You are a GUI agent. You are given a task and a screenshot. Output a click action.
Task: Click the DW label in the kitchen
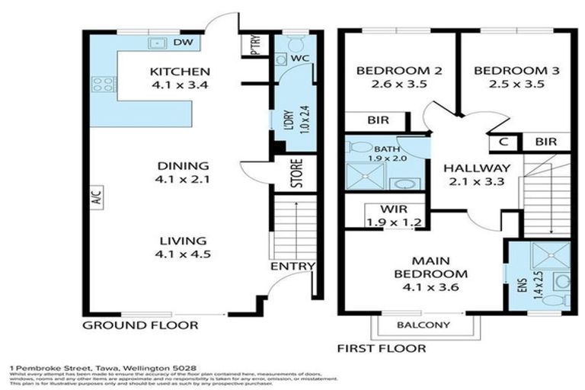[182, 43]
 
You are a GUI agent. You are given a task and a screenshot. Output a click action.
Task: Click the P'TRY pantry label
[254, 46]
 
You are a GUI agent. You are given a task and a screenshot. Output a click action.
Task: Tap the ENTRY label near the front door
[292, 266]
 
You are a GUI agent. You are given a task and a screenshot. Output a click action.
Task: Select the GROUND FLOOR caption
[140, 325]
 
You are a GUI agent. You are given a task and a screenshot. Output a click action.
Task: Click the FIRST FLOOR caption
[381, 349]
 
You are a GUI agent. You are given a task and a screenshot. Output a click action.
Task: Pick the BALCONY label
[424, 325]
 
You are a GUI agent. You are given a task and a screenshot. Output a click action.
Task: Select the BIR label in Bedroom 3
[545, 142]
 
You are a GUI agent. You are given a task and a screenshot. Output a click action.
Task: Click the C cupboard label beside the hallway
[503, 142]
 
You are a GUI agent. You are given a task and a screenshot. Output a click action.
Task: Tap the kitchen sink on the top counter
[159, 43]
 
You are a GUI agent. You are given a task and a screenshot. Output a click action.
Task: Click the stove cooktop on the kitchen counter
[104, 84]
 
